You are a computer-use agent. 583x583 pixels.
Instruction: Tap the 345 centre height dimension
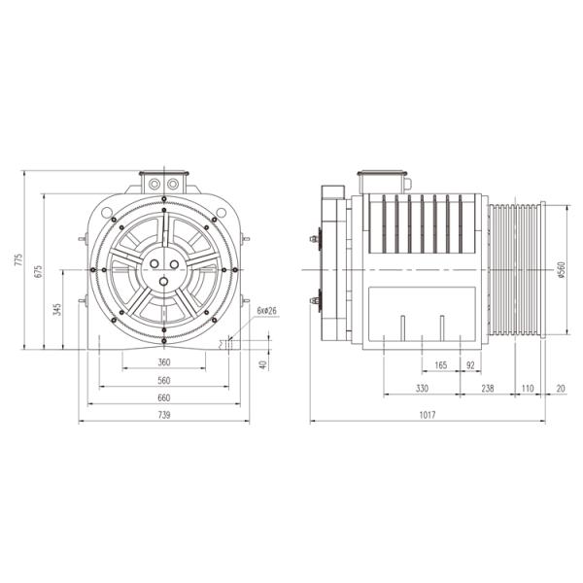tap(58, 310)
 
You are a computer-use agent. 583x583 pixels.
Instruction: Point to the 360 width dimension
tap(163, 362)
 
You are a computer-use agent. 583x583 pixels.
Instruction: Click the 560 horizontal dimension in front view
tap(163, 380)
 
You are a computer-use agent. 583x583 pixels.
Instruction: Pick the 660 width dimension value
tap(163, 397)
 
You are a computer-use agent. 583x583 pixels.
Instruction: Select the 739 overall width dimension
tap(163, 416)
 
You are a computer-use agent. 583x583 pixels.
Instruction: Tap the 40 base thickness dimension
tap(262, 364)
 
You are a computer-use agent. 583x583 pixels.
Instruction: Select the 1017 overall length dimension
tap(428, 416)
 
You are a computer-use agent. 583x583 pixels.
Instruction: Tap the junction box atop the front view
tap(163, 182)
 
